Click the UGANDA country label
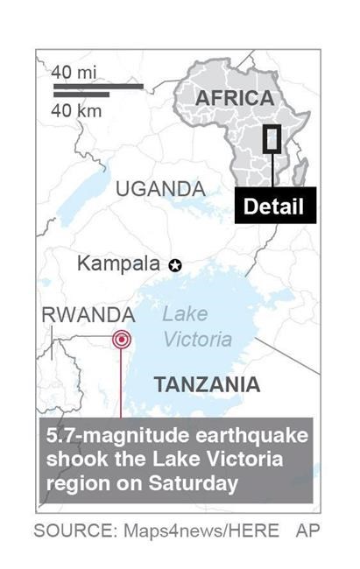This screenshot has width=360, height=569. pyautogui.click(x=160, y=189)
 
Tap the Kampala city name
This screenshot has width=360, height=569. pyautogui.click(x=118, y=263)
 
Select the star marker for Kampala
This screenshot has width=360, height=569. pyautogui.click(x=175, y=264)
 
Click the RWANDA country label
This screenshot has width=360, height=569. pyautogui.click(x=88, y=314)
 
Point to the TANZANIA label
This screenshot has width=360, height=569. pyautogui.click(x=207, y=384)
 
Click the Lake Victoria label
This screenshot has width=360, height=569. pyautogui.click(x=197, y=327)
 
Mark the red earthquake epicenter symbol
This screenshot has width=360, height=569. pyautogui.click(x=121, y=340)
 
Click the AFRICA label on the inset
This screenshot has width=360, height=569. pyautogui.click(x=234, y=98)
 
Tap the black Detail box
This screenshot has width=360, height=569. pyautogui.click(x=272, y=207)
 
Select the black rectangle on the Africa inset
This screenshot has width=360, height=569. pyautogui.click(x=272, y=139)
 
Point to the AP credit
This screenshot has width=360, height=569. pyautogui.click(x=308, y=530)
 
